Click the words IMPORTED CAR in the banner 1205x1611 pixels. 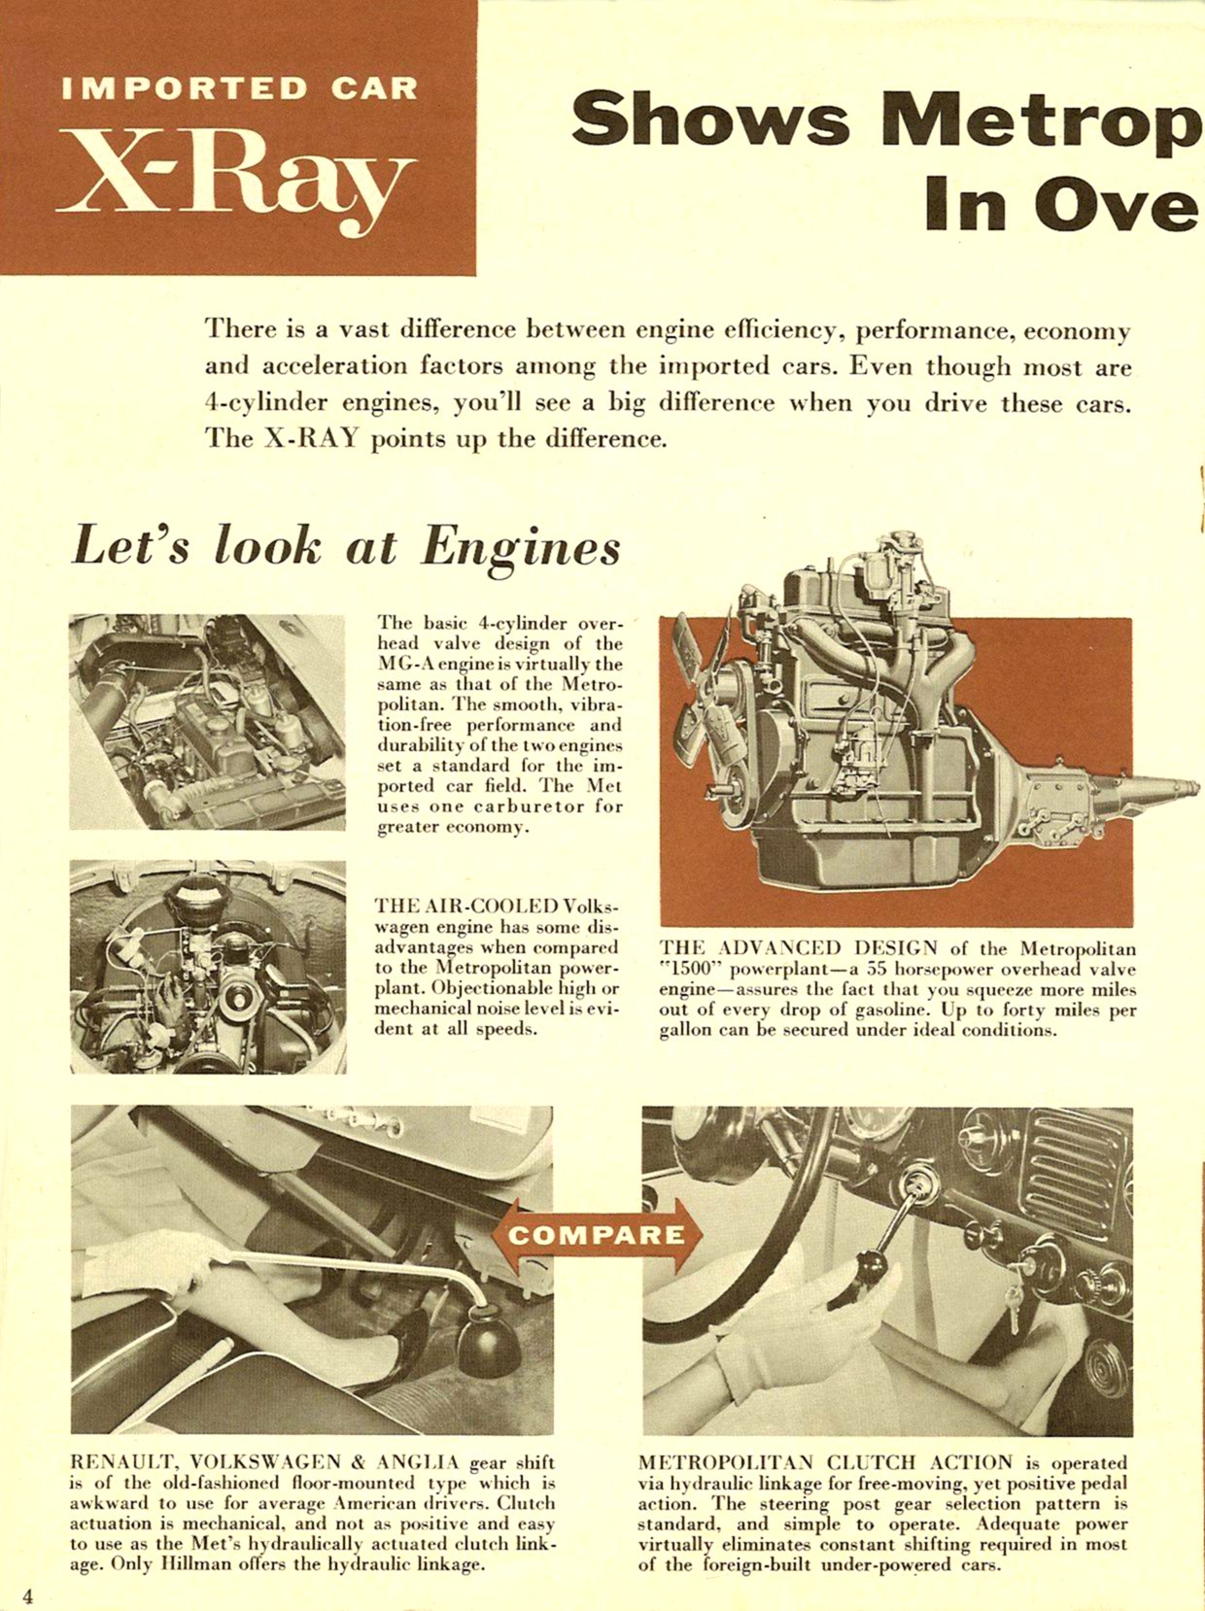click(239, 88)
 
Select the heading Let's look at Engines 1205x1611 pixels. click(346, 545)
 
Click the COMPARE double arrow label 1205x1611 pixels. click(596, 1235)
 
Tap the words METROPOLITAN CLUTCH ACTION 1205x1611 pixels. click(825, 1462)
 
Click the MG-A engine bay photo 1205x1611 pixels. click(207, 721)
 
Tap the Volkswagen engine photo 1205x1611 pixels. click(207, 966)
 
